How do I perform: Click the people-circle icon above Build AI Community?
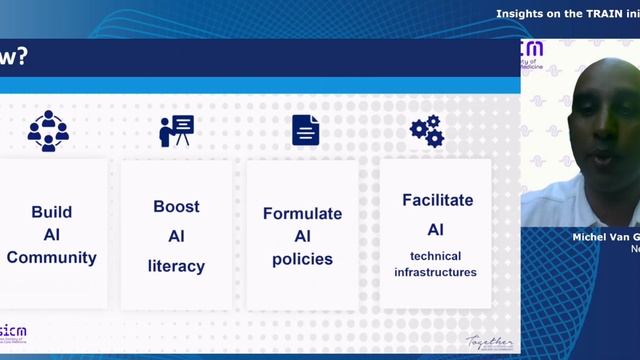(x=48, y=131)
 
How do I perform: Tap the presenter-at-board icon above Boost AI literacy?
(x=176, y=131)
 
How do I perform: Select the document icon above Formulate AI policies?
(x=306, y=130)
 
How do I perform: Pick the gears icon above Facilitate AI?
(x=427, y=131)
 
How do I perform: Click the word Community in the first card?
(x=51, y=257)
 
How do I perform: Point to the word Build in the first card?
(x=51, y=212)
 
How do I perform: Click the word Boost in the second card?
(x=176, y=207)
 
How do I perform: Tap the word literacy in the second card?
(x=176, y=266)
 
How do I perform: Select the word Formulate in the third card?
(x=302, y=213)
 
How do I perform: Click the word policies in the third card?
(x=302, y=259)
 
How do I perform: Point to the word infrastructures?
(x=435, y=271)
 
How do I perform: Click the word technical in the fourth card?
(x=435, y=255)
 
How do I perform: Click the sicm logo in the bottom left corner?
(x=13, y=331)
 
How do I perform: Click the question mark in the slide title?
(x=21, y=58)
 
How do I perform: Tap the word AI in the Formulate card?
(x=302, y=236)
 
